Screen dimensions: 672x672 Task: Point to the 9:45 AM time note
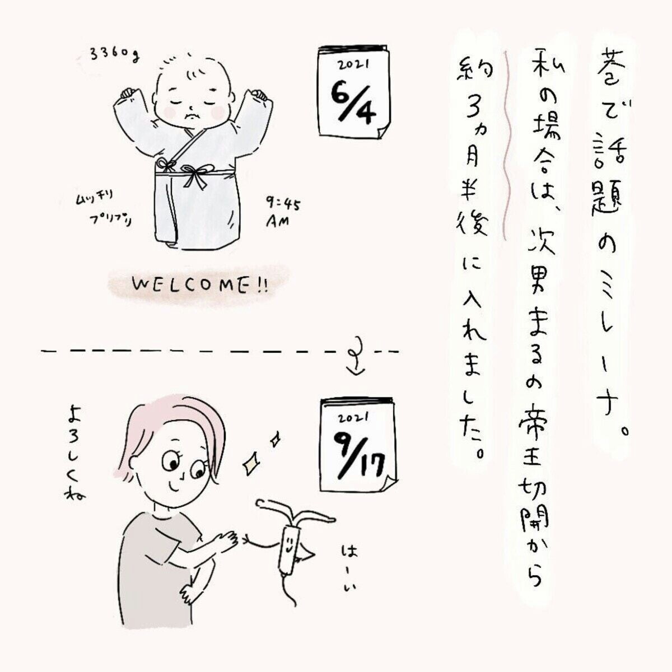point(282,213)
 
